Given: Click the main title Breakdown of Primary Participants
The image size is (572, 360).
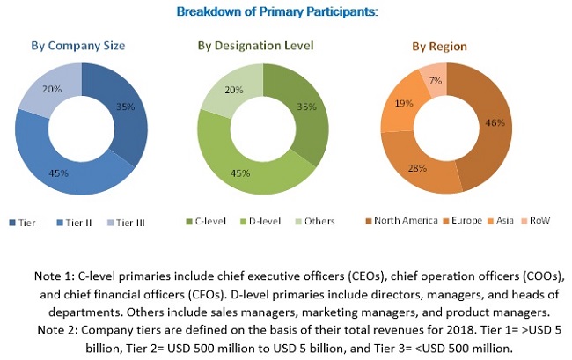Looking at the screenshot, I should [277, 11].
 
